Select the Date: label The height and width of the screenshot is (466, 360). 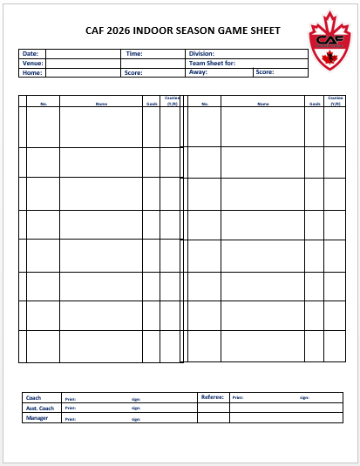pos(31,53)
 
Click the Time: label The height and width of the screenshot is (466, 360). pos(134,53)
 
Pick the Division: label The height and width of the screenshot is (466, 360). pos(202,53)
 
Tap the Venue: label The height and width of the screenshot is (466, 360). pos(32,63)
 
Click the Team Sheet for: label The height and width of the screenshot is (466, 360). pos(212,63)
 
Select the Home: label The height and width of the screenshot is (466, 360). pos(31,73)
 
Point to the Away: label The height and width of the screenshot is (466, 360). pos(198,73)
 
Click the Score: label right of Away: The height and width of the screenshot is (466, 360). pos(265,73)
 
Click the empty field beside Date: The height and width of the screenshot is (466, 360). pos(83,53)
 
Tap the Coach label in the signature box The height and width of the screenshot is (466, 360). pos(34,397)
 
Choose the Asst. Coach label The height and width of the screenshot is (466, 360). pos(40,408)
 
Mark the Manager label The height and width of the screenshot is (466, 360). pos(37,418)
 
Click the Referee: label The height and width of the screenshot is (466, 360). pos(213,397)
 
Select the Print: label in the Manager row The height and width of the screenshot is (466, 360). pos(70,419)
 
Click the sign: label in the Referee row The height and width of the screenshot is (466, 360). pos(304,398)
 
